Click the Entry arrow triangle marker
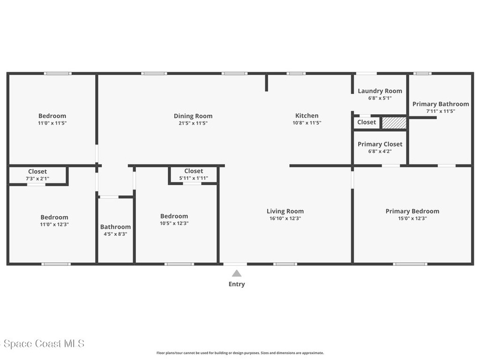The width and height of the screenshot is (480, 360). pos(237,273)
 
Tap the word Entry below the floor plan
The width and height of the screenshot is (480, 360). pos(237,284)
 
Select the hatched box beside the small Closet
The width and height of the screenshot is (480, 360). pos(394,123)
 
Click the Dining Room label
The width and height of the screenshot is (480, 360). pos(193,116)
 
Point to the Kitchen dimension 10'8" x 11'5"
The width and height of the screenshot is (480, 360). pos(307,123)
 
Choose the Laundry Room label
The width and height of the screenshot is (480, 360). pos(380,91)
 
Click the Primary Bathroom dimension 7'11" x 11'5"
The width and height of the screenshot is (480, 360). pos(440,111)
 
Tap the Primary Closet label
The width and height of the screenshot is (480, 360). pos(380,144)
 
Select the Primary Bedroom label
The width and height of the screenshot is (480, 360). pos(412,211)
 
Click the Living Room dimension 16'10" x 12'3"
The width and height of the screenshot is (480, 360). pos(285,218)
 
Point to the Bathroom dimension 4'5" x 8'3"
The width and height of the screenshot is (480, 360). pos(115,234)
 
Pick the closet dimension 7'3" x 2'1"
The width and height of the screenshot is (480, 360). pos(37,179)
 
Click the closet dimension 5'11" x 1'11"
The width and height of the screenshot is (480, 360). pos(194,178)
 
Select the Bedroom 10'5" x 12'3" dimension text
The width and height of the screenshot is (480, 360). pos(174,223)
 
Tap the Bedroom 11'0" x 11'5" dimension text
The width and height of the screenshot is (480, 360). pos(52,123)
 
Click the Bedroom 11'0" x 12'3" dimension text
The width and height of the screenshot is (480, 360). pos(54,224)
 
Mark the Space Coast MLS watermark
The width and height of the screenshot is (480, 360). pos(42,344)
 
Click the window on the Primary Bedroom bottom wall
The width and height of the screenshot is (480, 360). pos(410,264)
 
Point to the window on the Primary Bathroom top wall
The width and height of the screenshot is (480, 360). pos(422,73)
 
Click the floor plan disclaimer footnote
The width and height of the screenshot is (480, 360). pos(240,353)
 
